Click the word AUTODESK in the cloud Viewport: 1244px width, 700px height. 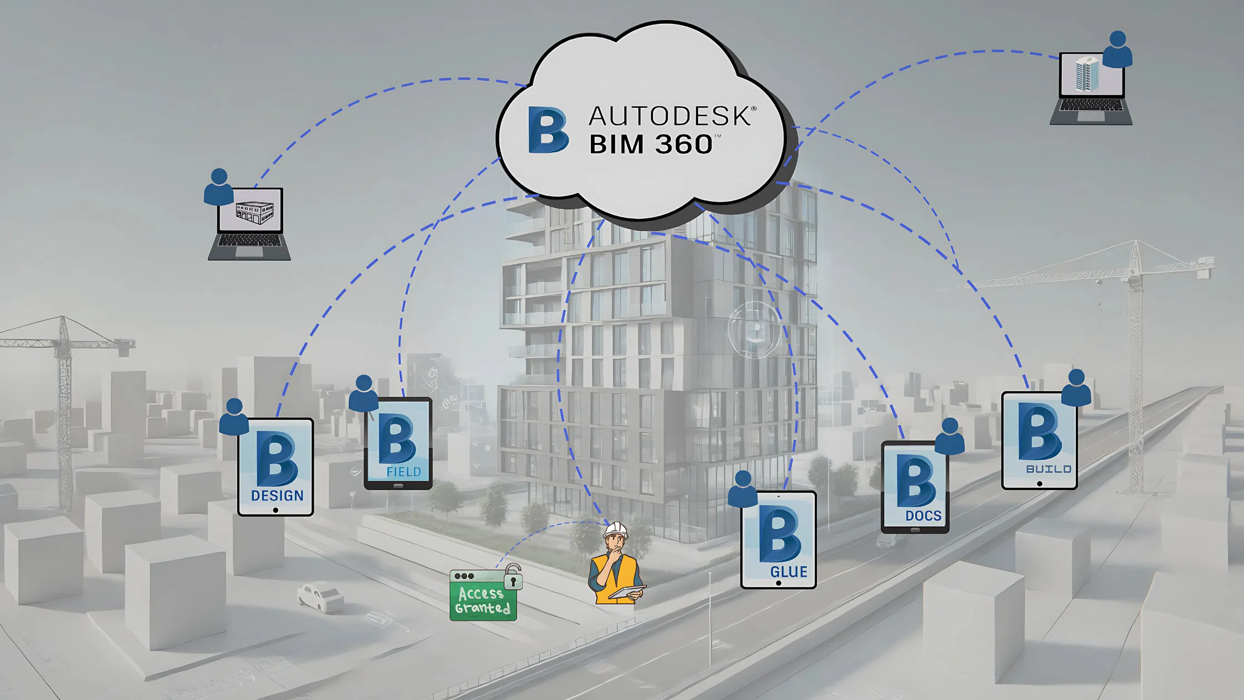pyautogui.click(x=669, y=116)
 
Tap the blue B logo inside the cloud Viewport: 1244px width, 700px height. pyautogui.click(x=548, y=130)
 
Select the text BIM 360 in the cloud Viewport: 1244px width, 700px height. pyautogui.click(x=650, y=144)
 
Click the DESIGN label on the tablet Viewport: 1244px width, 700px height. pyautogui.click(x=277, y=496)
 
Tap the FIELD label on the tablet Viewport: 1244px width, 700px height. pyautogui.click(x=404, y=472)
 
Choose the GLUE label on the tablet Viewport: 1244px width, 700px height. pyautogui.click(x=789, y=572)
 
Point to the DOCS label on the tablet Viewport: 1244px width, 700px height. pyautogui.click(x=923, y=516)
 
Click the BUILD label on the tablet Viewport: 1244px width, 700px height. pyautogui.click(x=1049, y=469)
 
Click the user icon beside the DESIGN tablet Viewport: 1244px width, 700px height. pyautogui.click(x=234, y=417)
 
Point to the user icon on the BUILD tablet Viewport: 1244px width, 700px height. pyautogui.click(x=1076, y=387)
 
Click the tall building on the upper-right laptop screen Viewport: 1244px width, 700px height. pyautogui.click(x=1087, y=74)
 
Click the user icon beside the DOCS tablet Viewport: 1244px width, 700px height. pyautogui.click(x=950, y=436)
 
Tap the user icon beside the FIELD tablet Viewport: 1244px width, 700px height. pyautogui.click(x=364, y=393)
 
